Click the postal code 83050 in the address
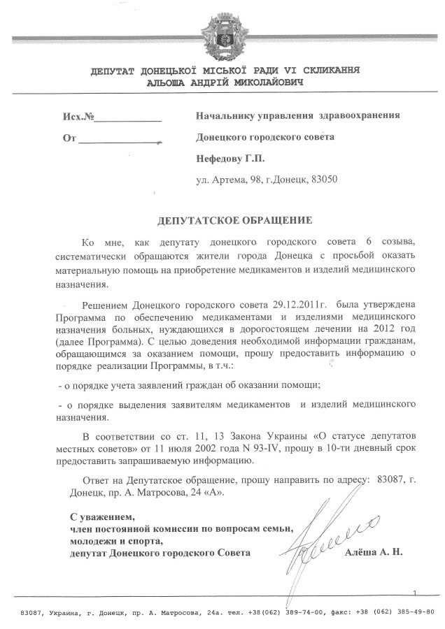325,180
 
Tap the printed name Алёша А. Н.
374,553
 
